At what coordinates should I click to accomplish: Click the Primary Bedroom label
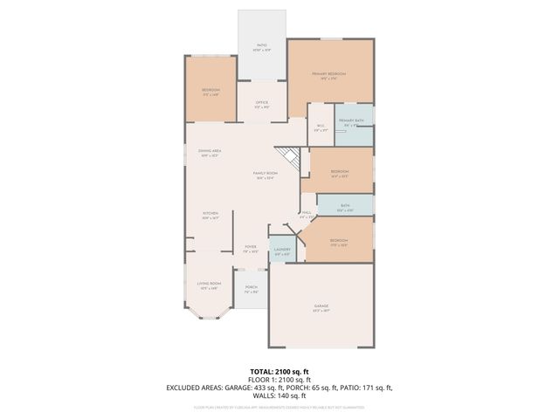click(x=329, y=75)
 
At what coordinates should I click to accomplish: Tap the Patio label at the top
click(x=261, y=47)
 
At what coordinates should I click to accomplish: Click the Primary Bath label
click(x=351, y=122)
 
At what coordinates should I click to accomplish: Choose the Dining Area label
click(x=210, y=153)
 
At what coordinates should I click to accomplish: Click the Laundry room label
click(x=281, y=251)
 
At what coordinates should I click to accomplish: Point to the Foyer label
click(x=250, y=249)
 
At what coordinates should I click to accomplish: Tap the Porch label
click(x=251, y=289)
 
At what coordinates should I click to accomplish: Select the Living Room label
click(x=209, y=285)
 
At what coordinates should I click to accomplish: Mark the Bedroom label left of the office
click(x=210, y=92)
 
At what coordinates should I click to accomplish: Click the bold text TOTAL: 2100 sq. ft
click(x=279, y=371)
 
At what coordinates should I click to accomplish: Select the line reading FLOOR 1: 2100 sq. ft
click(x=279, y=379)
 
